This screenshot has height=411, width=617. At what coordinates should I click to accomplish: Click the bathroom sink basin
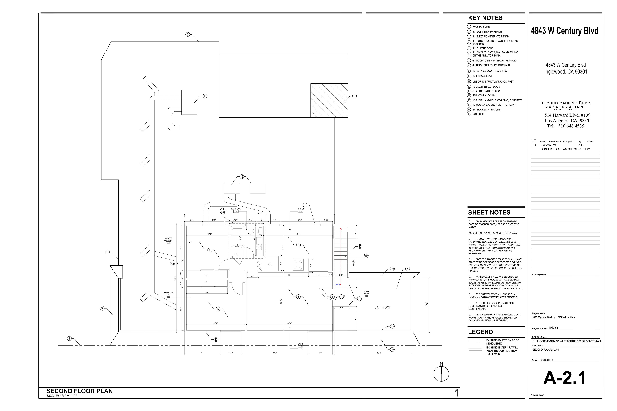point(259,246)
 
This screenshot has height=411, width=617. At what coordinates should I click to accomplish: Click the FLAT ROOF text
point(382,307)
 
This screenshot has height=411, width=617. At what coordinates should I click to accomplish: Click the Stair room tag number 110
point(367,257)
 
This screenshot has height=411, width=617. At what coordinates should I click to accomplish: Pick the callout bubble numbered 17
point(341,297)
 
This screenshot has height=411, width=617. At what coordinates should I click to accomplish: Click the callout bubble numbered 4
point(332,297)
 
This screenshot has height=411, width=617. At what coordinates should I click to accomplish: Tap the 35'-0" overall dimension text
point(259,214)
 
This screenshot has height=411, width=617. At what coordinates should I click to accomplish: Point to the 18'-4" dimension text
point(379,353)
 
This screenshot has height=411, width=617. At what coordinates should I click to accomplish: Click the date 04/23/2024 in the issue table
point(549,145)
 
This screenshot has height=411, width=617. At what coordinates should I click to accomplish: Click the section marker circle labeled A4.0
point(223,211)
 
